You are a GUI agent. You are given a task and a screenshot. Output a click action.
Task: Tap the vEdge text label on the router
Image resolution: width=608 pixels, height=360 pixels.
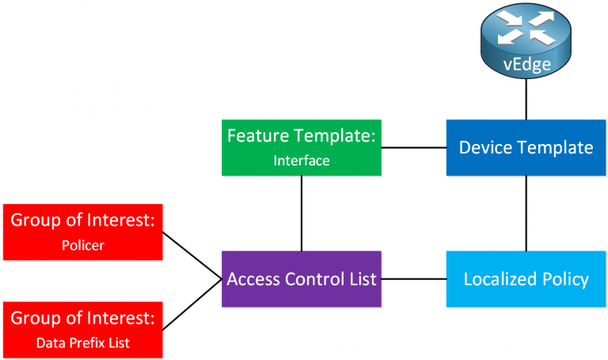point(526,64)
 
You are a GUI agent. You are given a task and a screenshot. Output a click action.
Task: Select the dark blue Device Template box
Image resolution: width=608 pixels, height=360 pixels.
point(526,147)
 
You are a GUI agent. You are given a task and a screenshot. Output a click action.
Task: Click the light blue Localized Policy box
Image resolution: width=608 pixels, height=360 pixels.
point(526,279)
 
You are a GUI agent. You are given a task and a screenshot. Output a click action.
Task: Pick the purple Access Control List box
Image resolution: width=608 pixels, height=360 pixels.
point(301,279)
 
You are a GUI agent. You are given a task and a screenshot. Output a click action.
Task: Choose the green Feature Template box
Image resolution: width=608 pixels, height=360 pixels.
point(301,147)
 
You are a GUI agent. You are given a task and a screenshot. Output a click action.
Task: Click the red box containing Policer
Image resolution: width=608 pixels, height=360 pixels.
point(83,232)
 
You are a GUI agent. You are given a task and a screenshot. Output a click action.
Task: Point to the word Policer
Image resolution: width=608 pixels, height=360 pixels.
point(83,245)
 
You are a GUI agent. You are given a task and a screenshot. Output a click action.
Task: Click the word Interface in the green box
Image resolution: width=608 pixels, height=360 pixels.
point(301,160)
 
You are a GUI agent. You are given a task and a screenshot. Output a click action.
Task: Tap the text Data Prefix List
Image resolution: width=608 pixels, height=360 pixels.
point(83,343)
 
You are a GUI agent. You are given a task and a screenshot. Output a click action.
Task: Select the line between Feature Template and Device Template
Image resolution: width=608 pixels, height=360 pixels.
point(414,147)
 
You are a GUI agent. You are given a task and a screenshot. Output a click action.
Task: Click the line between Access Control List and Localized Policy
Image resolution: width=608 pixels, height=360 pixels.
point(414,279)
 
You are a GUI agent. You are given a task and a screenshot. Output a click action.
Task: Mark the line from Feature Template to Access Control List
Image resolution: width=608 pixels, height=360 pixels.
point(301,213)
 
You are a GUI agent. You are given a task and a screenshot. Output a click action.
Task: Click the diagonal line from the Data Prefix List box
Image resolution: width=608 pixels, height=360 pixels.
point(192,304)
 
